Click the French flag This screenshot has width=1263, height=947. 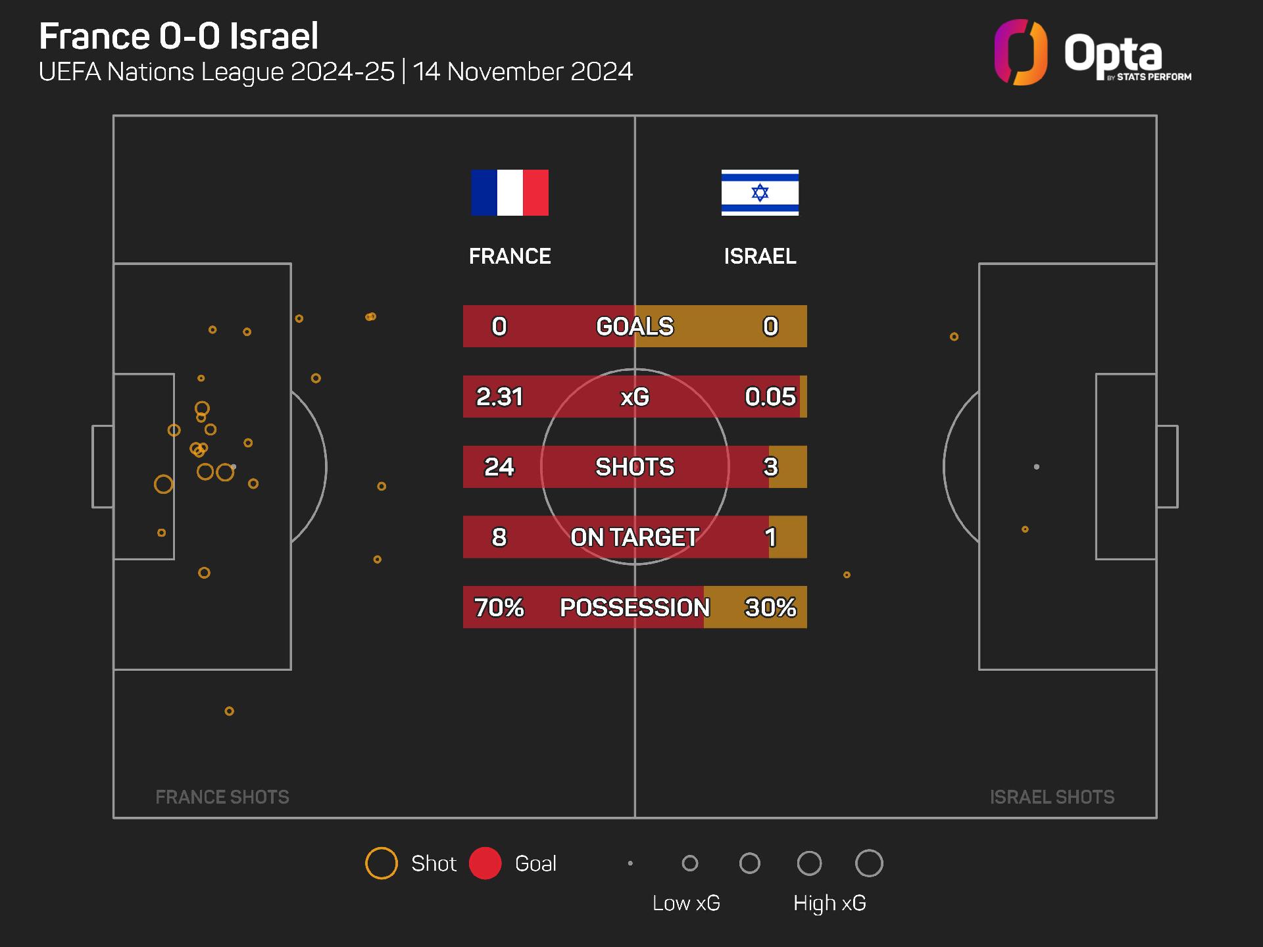pos(510,193)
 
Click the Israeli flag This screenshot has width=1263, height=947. pos(760,193)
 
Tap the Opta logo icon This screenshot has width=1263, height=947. pos(1020,53)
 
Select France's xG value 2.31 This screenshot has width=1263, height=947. pos(499,397)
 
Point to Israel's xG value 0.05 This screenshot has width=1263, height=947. pos(770,397)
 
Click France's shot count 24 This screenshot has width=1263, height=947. pos(499,467)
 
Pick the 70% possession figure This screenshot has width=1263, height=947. pos(499,607)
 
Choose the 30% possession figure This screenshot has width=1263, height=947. pos(770,607)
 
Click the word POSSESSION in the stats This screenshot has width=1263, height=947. pos(635,607)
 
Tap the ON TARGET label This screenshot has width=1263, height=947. pos(635,537)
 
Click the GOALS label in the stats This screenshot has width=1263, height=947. pos(635,326)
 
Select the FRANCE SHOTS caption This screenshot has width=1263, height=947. pos(222,797)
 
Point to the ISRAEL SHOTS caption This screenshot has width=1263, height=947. pos(1052,797)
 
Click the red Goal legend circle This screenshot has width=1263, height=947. pos(485,863)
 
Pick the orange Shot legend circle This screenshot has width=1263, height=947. pos(382,863)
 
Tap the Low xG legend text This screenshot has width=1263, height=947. pos(686,903)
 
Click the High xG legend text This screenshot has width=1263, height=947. pos(830,903)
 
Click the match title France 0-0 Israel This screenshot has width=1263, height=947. pos(179,36)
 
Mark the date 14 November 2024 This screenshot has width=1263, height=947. pos(523,72)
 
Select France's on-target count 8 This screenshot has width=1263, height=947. pos(499,537)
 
